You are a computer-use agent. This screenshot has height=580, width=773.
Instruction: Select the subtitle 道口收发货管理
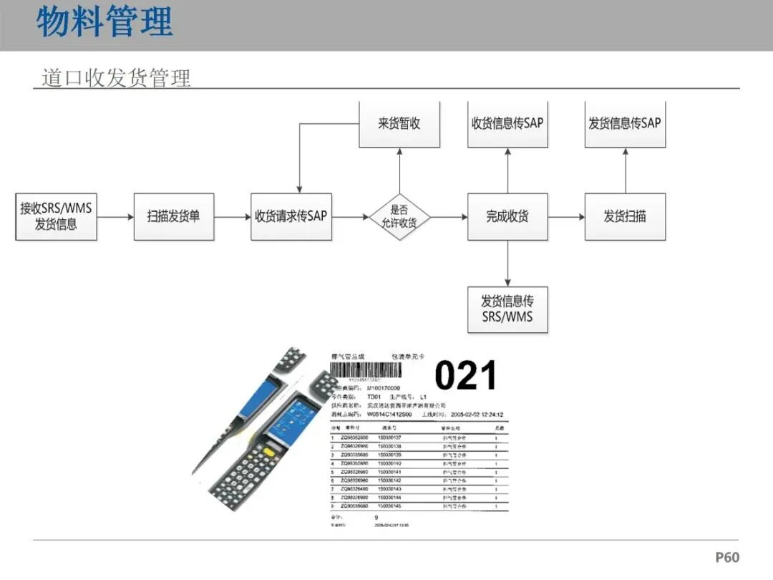[116, 77]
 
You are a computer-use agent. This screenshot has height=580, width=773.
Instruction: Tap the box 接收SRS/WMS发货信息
[56, 216]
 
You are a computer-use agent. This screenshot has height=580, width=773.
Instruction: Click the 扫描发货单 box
[173, 216]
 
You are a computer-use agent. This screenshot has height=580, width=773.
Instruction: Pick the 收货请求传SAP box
[291, 216]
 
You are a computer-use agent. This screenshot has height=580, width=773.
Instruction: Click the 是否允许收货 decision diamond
[399, 216]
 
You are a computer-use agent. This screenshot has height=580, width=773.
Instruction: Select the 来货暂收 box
[399, 124]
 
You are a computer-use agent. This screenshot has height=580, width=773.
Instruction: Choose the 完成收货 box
[507, 216]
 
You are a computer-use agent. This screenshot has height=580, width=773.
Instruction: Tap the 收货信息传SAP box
[507, 124]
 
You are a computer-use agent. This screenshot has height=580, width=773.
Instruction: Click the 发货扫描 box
[625, 216]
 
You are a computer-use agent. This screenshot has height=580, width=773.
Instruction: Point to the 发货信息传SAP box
[625, 124]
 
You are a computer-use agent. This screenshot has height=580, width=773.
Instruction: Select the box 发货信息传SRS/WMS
[507, 309]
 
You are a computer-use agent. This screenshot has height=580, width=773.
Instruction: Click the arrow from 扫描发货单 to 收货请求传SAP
[232, 217]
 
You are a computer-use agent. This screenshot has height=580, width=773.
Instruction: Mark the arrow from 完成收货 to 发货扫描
[566, 217]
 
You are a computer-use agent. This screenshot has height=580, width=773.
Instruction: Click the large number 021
[465, 376]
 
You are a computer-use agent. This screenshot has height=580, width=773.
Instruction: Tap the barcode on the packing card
[366, 369]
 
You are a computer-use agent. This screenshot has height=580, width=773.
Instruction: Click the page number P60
[727, 557]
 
